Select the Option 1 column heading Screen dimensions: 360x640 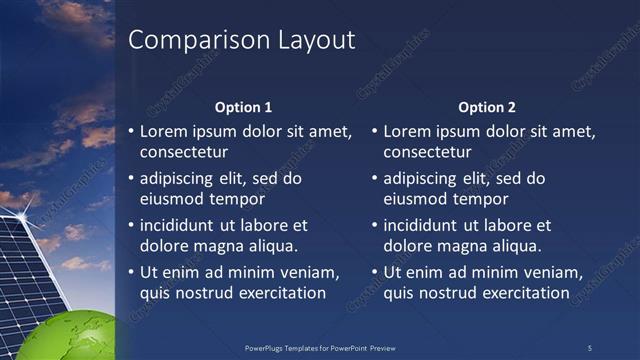[244, 107]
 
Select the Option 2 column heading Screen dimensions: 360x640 [487, 107]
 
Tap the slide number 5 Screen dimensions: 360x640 [589, 347]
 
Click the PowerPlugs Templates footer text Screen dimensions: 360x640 [320, 347]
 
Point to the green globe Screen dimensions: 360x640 [70, 335]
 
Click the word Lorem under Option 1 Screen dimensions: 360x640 [164, 131]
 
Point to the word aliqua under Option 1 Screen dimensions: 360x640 [273, 246]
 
